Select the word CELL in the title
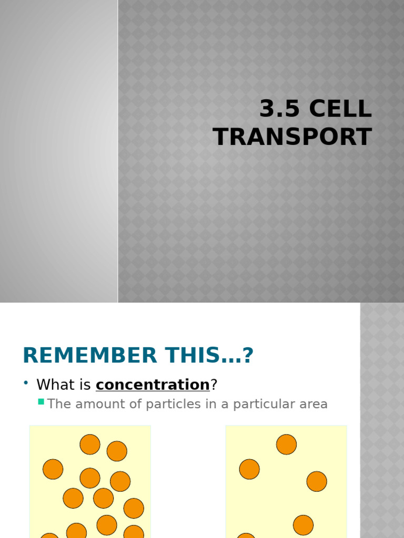[x=340, y=109]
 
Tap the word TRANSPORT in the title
[x=292, y=137]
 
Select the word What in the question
[x=55, y=385]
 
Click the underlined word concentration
[x=153, y=385]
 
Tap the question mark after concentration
[x=214, y=385]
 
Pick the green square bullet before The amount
[x=41, y=402]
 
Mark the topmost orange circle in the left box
[x=90, y=444]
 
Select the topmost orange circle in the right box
[x=286, y=444]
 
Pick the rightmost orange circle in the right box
[x=317, y=481]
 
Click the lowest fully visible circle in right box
[x=303, y=525]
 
